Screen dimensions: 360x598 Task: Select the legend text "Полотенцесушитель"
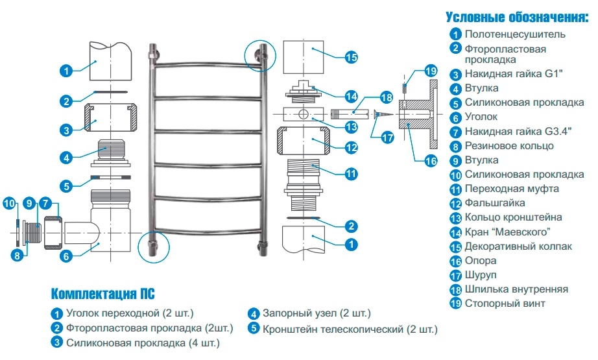(x=515, y=34)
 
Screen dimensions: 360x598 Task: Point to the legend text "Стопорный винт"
(x=505, y=303)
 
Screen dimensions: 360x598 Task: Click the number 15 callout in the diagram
(x=351, y=57)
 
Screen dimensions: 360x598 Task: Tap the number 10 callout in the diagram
(x=10, y=202)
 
